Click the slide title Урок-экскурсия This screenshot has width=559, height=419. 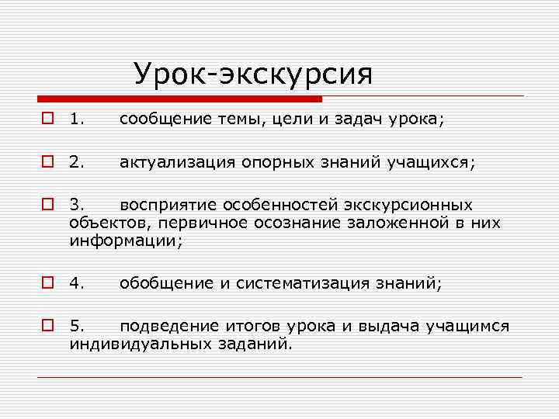253,74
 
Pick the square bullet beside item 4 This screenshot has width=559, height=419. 48,283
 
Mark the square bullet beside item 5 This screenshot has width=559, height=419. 48,326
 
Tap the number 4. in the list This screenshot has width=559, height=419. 76,283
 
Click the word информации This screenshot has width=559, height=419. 124,241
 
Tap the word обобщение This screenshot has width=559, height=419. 165,283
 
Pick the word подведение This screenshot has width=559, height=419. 168,326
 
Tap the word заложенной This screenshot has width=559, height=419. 391,223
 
